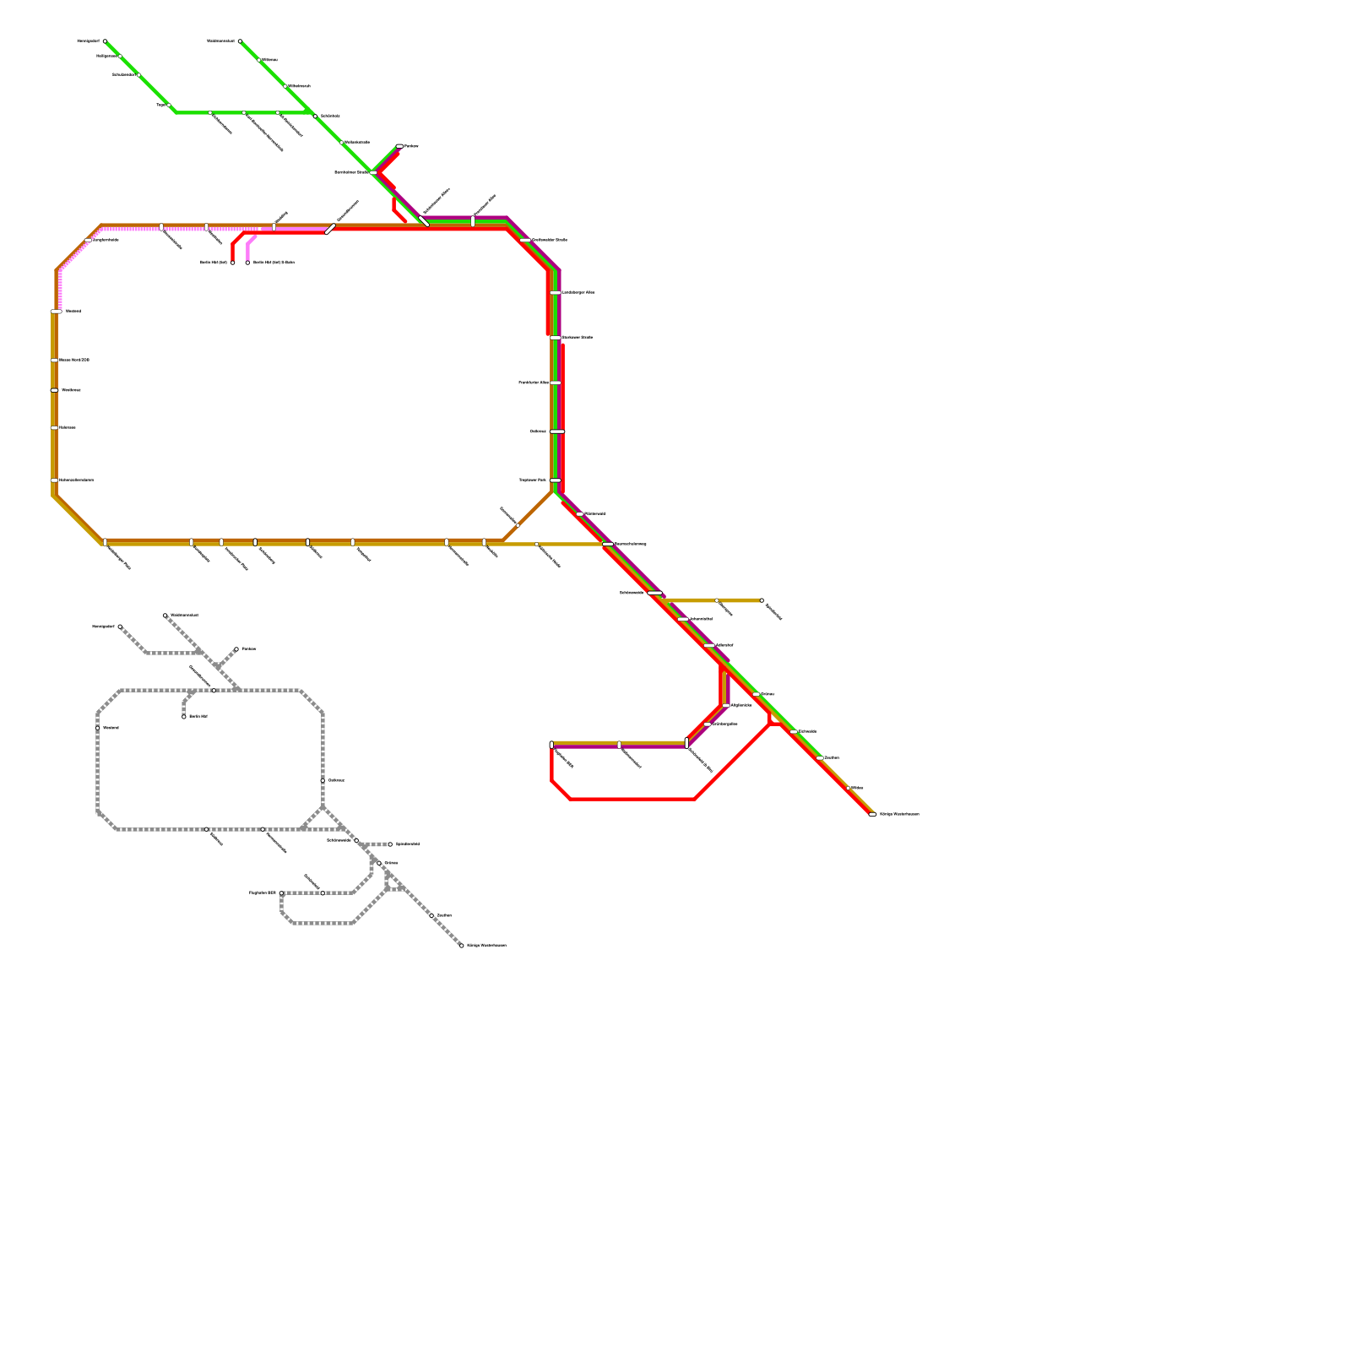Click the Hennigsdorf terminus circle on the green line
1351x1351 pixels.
(105, 41)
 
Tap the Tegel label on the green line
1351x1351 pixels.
(160, 106)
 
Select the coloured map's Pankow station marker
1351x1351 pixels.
(399, 146)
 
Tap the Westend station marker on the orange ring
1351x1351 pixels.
(56, 312)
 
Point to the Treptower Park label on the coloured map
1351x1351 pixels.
(532, 480)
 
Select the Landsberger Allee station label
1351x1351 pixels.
(578, 292)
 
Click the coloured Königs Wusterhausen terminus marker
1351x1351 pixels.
(872, 814)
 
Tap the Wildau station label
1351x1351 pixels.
(856, 788)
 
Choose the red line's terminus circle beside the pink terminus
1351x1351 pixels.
(233, 263)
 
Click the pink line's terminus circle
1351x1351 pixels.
(247, 263)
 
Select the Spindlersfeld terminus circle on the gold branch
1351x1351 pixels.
(762, 600)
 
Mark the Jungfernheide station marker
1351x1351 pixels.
(89, 240)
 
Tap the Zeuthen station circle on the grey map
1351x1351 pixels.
(431, 915)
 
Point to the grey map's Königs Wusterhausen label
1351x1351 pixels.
(486, 945)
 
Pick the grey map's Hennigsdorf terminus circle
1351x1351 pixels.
(120, 627)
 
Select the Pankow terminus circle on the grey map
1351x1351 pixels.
(236, 649)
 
